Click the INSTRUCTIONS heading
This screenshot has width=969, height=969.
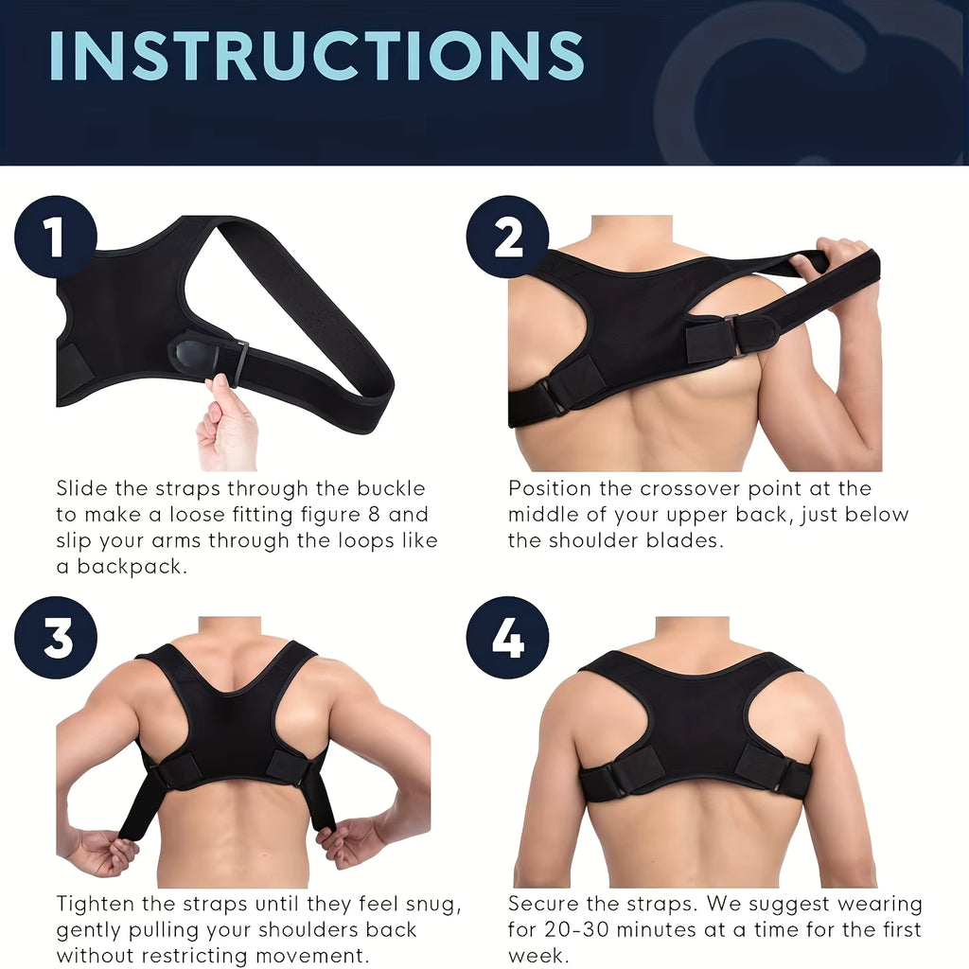coord(316,56)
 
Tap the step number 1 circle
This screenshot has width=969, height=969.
coord(56,237)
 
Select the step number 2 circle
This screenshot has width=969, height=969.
coord(507,237)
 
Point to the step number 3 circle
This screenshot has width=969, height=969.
coord(56,637)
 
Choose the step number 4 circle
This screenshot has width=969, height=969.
coord(507,637)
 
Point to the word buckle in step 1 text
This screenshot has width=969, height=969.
coord(391,488)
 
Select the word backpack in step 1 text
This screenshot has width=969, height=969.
coord(132,567)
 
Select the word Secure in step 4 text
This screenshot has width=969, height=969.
coord(542,904)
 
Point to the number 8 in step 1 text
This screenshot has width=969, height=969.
coord(373,514)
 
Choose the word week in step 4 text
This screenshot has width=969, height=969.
coord(537,956)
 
